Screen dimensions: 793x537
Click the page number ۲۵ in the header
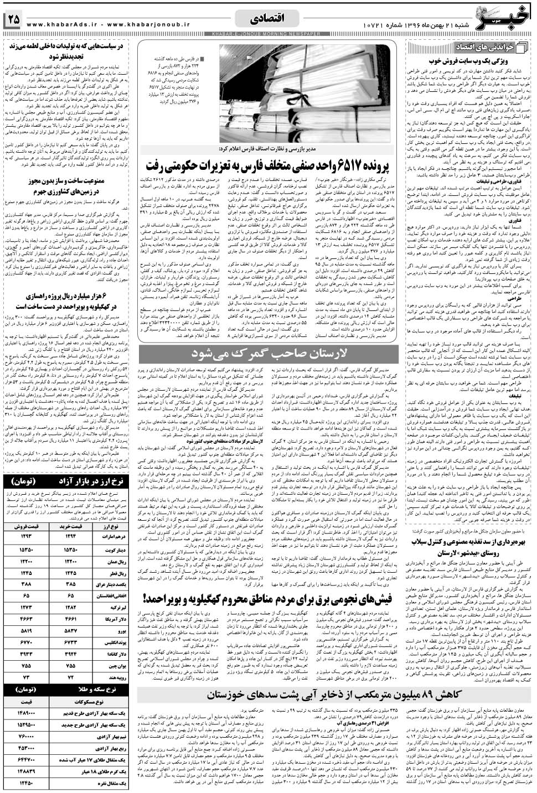13,19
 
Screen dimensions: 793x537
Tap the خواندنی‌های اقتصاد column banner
488,46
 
